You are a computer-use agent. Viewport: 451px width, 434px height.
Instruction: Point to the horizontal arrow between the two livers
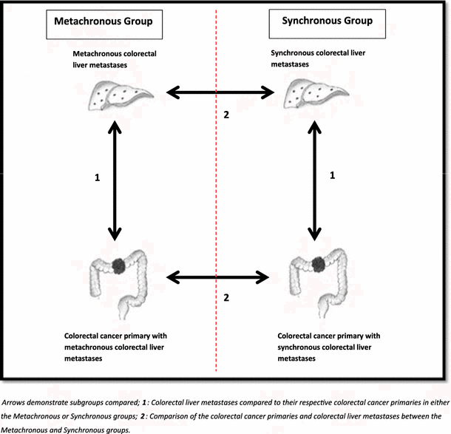point(220,93)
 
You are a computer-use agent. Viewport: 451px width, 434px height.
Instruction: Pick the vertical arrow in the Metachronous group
point(115,181)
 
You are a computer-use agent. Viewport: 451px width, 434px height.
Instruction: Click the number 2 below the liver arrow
point(227,115)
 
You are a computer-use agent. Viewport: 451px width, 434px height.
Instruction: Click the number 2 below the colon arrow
point(227,298)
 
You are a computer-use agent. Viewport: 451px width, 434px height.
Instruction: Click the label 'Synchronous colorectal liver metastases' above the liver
point(319,59)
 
